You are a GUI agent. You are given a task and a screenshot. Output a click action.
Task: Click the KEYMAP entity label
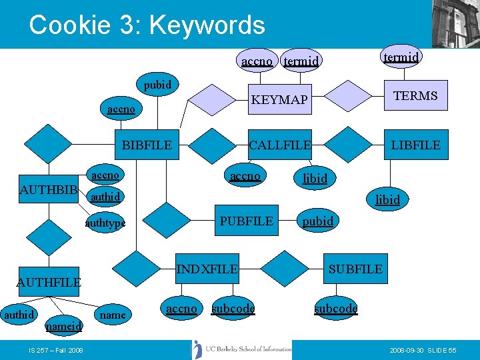279,100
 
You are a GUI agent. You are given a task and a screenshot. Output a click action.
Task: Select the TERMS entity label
415,95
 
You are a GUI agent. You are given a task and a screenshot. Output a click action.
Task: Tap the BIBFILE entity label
147,145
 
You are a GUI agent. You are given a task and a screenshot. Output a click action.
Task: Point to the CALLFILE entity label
280,145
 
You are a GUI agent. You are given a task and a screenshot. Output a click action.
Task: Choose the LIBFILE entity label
415,145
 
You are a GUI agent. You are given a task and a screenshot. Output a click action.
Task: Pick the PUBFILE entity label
247,221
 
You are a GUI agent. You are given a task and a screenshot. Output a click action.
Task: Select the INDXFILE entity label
207,269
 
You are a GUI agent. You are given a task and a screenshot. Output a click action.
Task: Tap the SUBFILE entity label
355,269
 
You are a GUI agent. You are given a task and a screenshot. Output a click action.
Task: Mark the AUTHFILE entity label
49,282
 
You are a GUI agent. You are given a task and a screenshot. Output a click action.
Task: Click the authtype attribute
105,223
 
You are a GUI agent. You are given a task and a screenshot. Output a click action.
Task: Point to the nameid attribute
63,326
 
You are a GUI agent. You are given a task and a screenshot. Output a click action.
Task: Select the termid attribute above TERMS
401,57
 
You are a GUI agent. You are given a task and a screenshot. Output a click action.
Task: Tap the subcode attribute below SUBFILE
336,309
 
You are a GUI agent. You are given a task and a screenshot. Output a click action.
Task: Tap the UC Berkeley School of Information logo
241,349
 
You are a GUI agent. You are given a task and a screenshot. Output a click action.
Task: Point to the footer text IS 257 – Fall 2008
56,350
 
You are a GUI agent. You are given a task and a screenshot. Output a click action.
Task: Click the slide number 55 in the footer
452,350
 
